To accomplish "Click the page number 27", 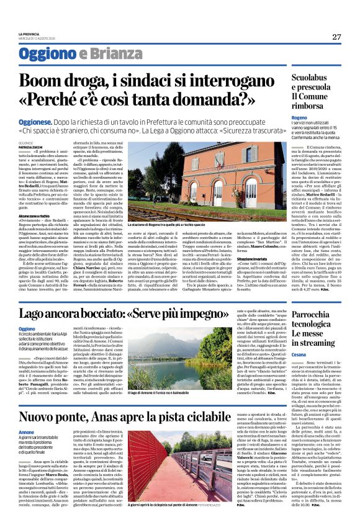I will pyautogui.click(x=336, y=37).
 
